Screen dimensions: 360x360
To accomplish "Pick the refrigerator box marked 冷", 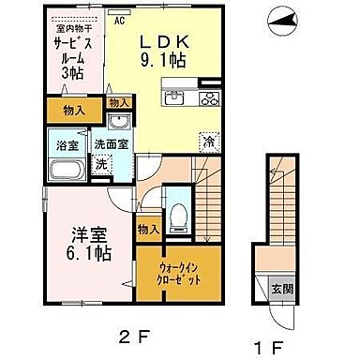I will click(x=206, y=143).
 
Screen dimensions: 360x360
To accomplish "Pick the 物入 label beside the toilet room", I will click(x=148, y=228).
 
